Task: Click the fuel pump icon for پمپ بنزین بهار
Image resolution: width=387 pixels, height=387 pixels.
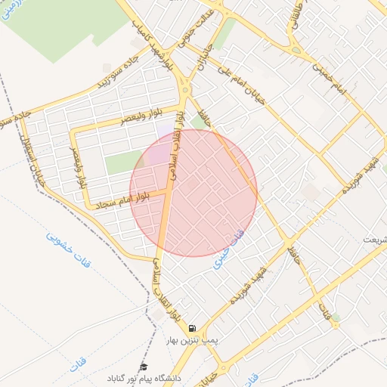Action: click(193, 329)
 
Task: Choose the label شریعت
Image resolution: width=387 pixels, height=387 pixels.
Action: click(373, 240)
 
